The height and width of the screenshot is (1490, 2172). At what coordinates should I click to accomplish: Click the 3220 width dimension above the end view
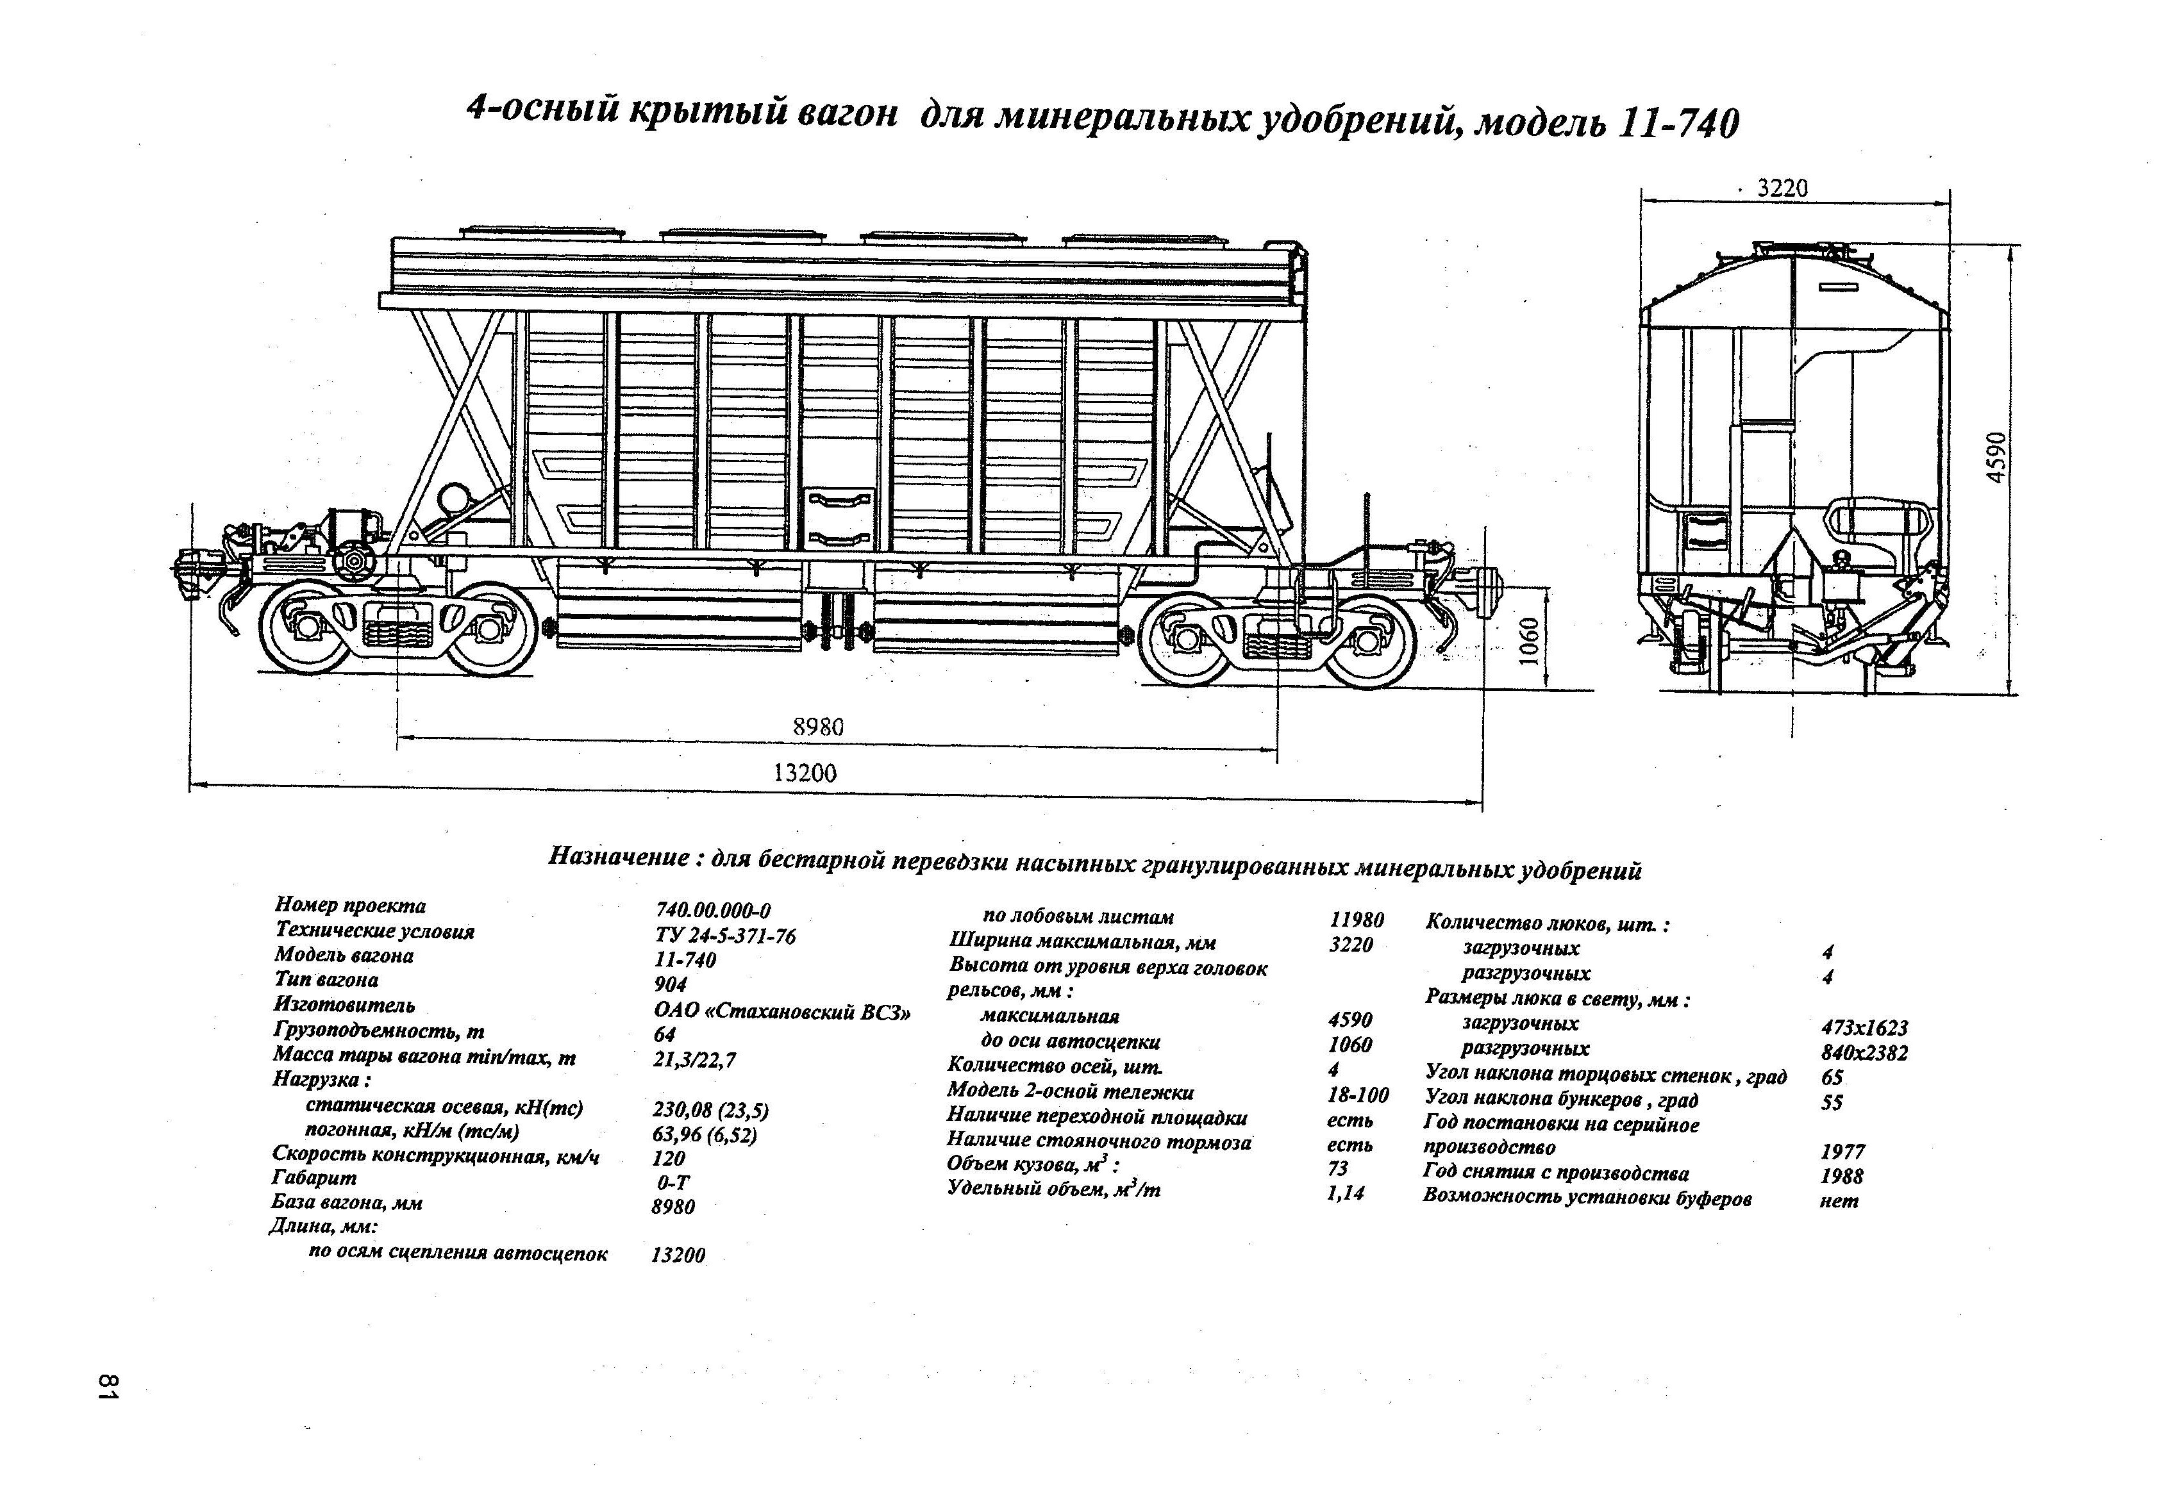1782,188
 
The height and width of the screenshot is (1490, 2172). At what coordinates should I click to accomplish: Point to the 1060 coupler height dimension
1529,642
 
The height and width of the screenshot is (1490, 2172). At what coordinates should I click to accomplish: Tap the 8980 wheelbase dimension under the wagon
818,727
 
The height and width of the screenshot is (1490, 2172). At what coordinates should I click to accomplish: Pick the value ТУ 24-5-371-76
725,935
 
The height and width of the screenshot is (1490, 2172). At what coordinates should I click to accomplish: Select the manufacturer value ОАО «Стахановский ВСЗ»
782,1013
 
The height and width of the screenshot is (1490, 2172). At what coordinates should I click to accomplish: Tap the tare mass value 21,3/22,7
694,1059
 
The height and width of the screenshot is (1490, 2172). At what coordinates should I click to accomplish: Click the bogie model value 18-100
1358,1094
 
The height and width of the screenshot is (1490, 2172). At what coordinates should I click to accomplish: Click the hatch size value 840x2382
1864,1053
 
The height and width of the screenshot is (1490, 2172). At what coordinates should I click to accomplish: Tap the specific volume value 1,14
1345,1193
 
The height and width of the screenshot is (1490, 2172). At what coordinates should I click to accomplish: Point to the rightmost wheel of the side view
1370,641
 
